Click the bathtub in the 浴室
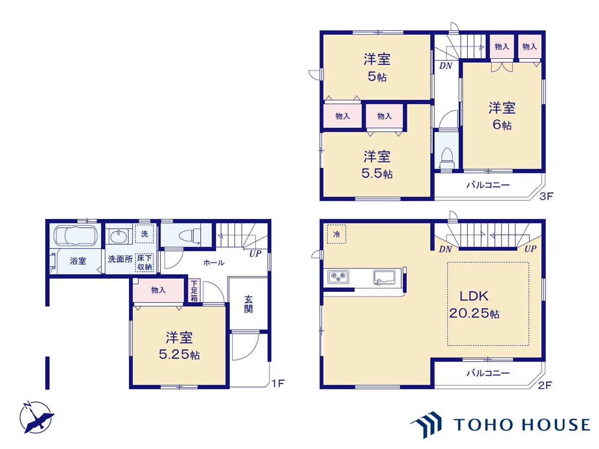(76, 236)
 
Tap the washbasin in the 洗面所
(119, 236)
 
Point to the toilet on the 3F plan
(447, 159)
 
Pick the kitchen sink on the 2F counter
(384, 277)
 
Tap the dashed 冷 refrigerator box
(336, 234)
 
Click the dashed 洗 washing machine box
(144, 234)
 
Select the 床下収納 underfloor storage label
(144, 262)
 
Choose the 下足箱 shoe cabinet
(194, 290)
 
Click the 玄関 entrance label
(248, 304)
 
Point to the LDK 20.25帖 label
(474, 305)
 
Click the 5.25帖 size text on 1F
(179, 355)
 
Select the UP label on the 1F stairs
(255, 253)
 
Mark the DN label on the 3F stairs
(446, 65)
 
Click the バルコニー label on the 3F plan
(488, 185)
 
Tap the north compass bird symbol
(37, 417)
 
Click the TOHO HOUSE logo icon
(426, 425)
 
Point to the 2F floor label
(545, 385)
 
